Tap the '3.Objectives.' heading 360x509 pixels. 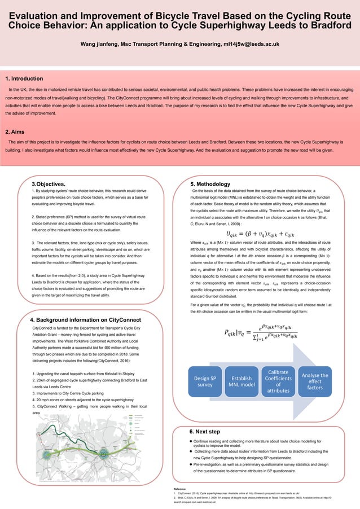click(50, 184)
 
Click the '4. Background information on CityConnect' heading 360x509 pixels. click(85, 321)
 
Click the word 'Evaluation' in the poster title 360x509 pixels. click(50, 13)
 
